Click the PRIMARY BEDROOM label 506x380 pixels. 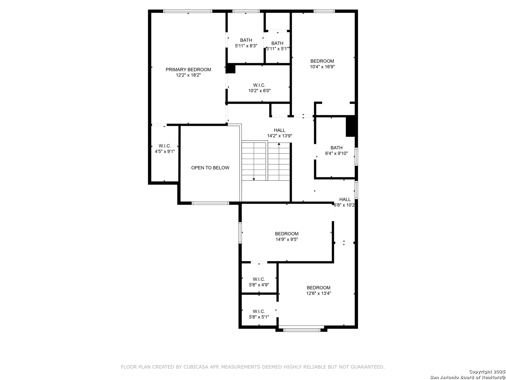coord(188,69)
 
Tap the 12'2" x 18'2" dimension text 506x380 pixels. coord(188,75)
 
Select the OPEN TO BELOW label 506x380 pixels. coord(210,168)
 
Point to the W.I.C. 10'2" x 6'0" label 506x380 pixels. coord(259,88)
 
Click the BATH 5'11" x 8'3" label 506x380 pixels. coord(246,43)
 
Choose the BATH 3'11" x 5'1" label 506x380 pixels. coord(277,46)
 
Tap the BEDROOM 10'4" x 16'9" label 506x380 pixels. coord(322,64)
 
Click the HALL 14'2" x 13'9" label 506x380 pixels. coord(279,133)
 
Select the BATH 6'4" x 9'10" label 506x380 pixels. coord(336,151)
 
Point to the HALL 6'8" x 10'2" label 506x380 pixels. coord(344,202)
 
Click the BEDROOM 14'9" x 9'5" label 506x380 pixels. coord(286,236)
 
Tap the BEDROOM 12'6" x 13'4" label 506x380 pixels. coord(318,291)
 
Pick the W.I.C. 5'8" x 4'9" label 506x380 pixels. coord(259,282)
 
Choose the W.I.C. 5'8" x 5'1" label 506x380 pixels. coord(259,314)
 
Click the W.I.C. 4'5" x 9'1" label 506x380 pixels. coord(164,148)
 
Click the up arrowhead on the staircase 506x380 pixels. coord(279,144)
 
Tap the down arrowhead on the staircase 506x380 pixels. coord(254,179)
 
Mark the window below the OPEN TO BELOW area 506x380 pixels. coord(210,203)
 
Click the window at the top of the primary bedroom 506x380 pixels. coord(187,11)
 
